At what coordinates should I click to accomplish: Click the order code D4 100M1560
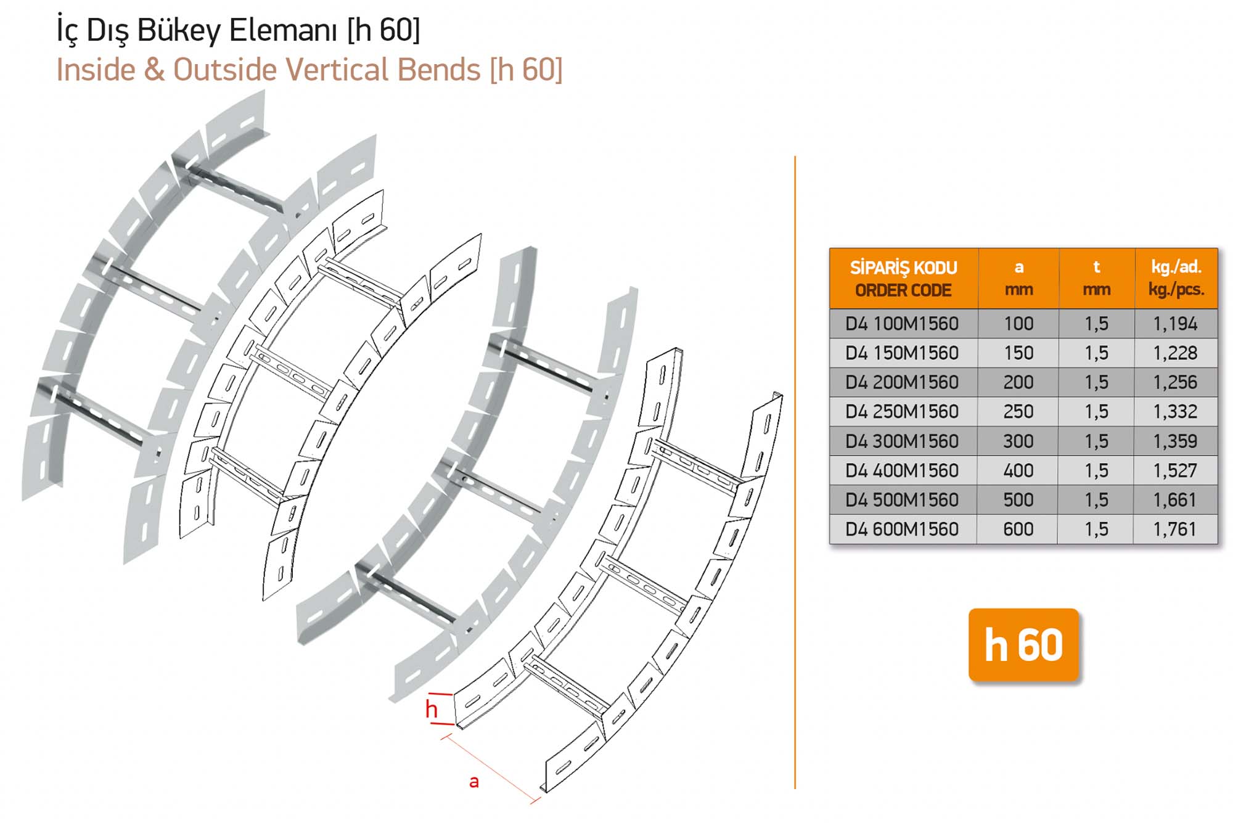[902, 324]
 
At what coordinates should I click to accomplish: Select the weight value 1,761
[1175, 529]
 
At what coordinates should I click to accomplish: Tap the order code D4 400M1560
[902, 470]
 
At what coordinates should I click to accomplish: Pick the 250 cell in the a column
[1018, 411]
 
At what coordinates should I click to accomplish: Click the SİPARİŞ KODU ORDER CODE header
[903, 279]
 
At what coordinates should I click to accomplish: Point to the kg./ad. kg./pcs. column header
[1176, 278]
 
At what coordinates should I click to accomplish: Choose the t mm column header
[1097, 278]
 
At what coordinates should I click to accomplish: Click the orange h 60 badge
[1023, 645]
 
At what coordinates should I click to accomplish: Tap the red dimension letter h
[432, 709]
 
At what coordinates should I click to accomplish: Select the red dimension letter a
[474, 782]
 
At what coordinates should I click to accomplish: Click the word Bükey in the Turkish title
[178, 30]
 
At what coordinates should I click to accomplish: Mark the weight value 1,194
[1175, 324]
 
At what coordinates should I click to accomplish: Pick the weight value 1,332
[1175, 411]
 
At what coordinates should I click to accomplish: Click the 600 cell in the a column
[1018, 529]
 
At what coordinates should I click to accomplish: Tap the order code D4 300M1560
[902, 441]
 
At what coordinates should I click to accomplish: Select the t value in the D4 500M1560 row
[1097, 500]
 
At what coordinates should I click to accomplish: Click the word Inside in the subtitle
[96, 69]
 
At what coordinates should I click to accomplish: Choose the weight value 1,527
[1175, 470]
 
